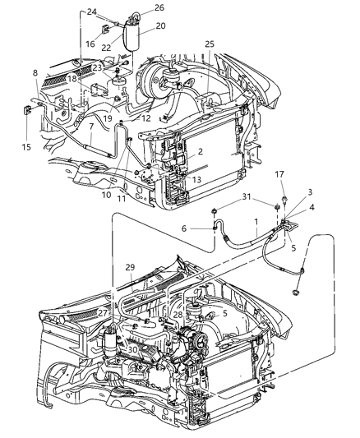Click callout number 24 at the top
pos(91,12)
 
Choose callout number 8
pos(35,73)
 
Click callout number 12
pos(146,118)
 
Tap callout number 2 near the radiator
pos(200,152)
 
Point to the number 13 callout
pos(196,179)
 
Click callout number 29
pos(130,269)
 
